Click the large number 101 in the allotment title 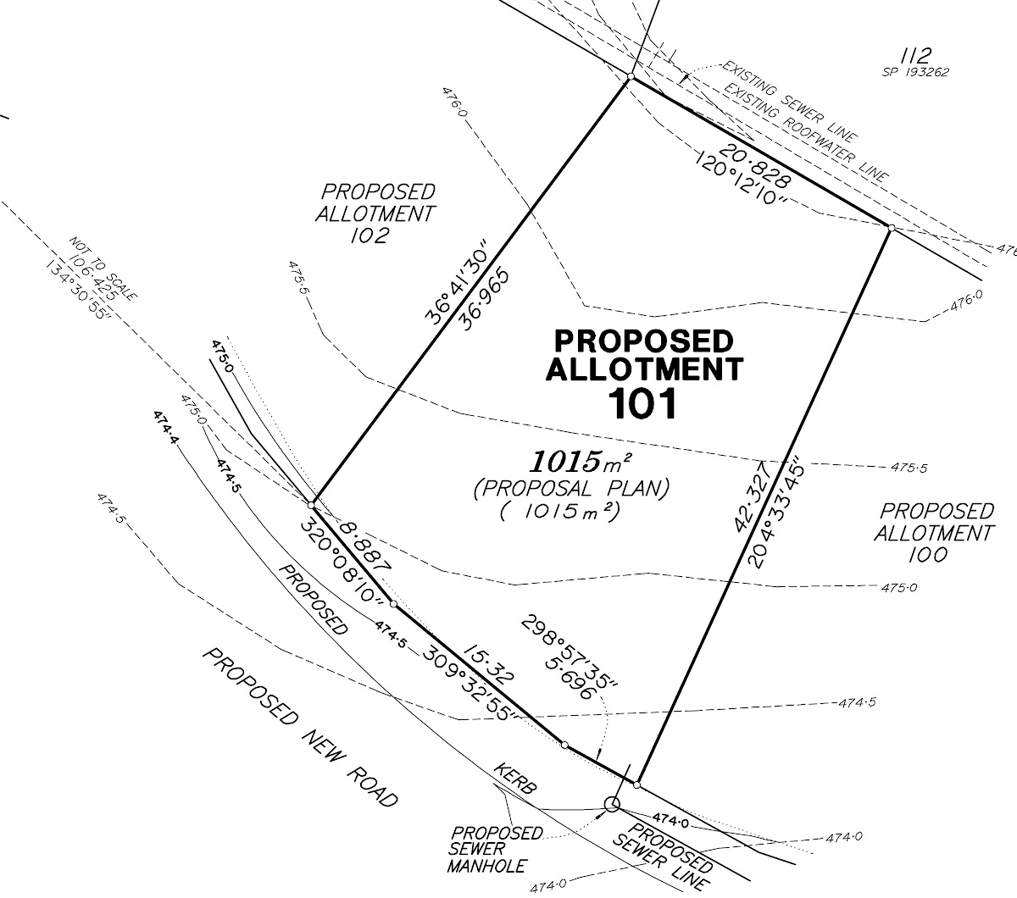(x=643, y=404)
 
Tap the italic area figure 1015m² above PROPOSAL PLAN (x=581, y=462)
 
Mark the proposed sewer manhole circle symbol (x=611, y=804)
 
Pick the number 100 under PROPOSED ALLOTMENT (x=930, y=555)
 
